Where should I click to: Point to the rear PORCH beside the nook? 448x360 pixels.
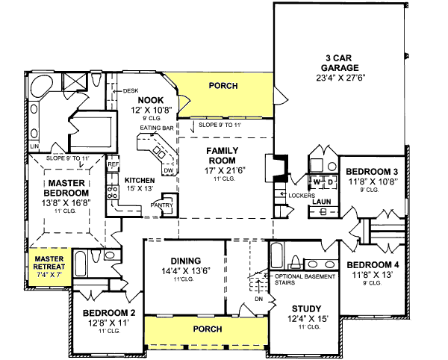[223, 87]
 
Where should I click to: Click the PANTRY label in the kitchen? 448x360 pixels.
[162, 205]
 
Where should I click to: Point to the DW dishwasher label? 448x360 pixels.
[168, 171]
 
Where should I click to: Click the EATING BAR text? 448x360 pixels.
[156, 128]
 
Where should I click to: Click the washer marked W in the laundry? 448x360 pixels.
[317, 181]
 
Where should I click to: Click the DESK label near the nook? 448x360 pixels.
[131, 90]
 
